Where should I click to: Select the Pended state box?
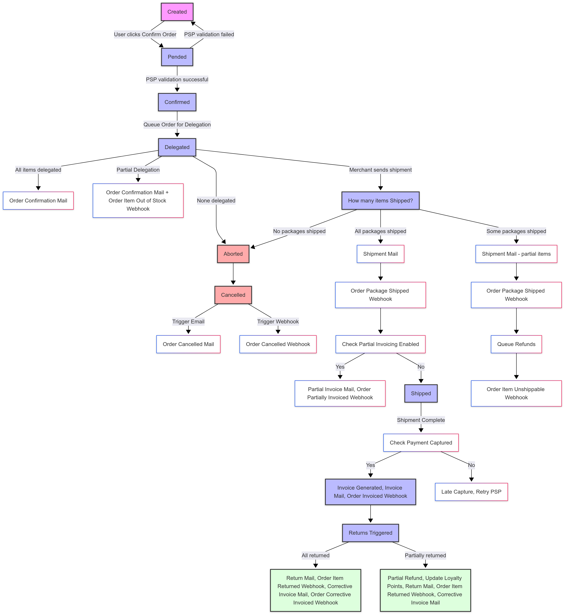[177, 57]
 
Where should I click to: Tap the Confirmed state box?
[177, 102]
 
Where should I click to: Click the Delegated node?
[177, 147]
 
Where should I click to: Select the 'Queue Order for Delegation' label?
[177, 124]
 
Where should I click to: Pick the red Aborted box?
[233, 254]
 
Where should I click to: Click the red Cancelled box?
[233, 295]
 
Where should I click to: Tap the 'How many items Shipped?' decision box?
[380, 201]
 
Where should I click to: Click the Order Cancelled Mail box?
[188, 344]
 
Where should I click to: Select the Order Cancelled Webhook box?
[278, 344]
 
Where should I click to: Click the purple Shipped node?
[421, 394]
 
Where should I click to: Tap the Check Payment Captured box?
[421, 443]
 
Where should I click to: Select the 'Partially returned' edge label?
[425, 555]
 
